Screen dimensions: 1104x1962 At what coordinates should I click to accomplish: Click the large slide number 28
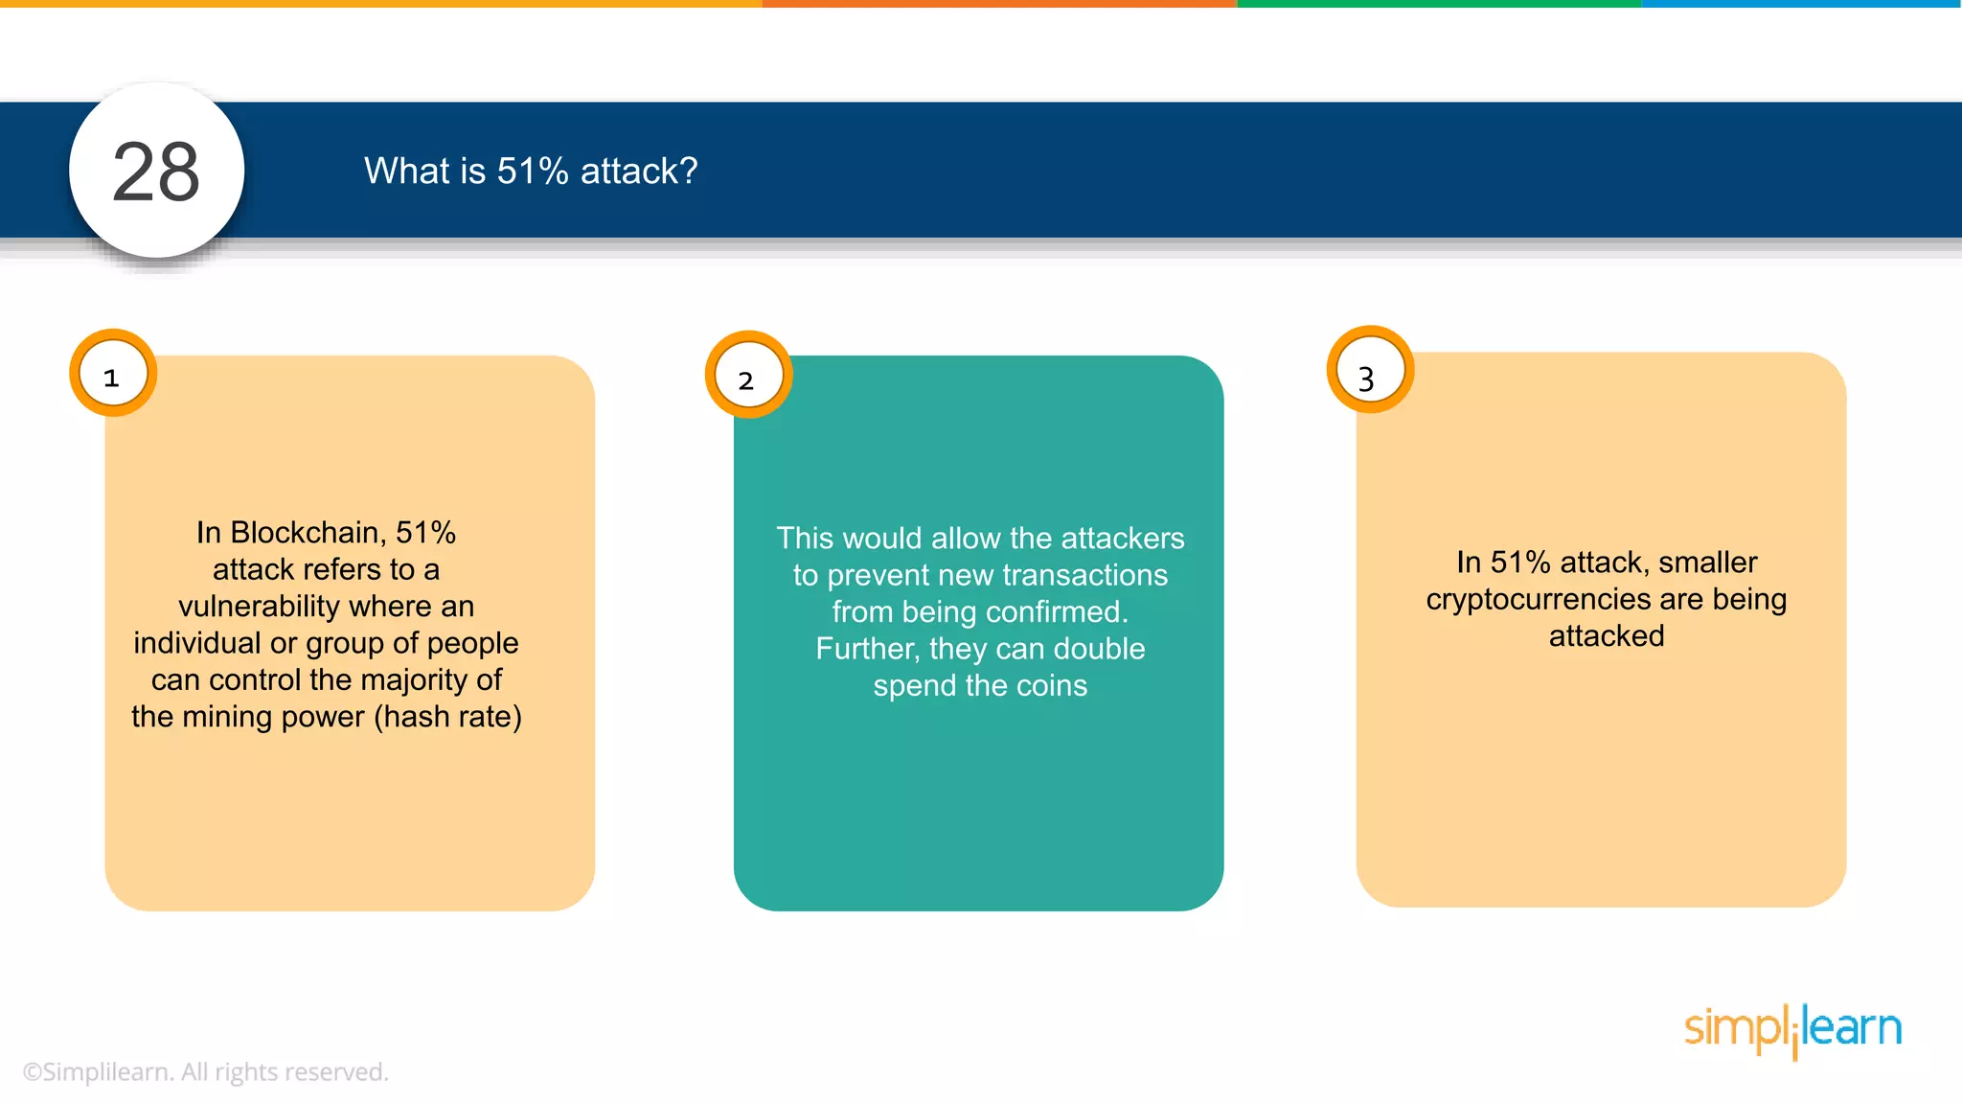[156, 172]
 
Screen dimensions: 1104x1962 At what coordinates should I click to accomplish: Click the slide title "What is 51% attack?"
[531, 172]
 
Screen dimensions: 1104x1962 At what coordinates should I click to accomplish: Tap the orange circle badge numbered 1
[113, 374]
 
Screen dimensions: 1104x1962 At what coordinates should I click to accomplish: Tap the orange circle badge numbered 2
[748, 376]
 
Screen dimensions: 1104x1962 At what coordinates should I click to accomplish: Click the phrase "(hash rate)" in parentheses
[447, 717]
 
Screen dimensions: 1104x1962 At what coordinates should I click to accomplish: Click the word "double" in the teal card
[1099, 649]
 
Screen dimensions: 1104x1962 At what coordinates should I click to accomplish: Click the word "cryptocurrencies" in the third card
[1538, 600]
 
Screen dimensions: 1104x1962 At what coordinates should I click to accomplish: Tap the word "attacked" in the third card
[1607, 636]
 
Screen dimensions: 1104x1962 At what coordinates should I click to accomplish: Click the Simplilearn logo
[1792, 1030]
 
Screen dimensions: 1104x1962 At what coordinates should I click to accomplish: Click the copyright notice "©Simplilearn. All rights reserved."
[206, 1072]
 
